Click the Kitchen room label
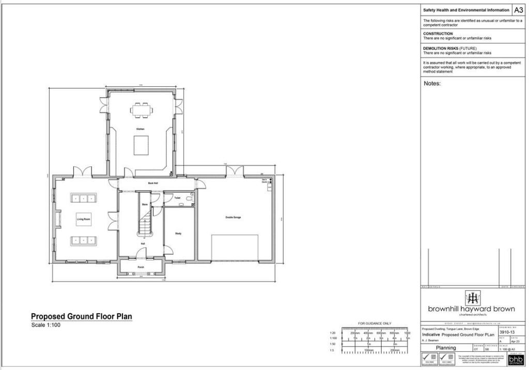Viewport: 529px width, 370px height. pos(140,129)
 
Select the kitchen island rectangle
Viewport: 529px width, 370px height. pos(141,145)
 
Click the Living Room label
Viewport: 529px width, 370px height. pos(84,220)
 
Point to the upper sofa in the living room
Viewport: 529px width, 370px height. pos(84,198)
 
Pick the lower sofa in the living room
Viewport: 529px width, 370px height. pos(84,240)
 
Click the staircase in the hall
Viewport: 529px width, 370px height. pos(145,217)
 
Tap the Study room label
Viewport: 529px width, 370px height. pos(178,234)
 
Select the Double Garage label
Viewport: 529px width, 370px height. pos(233,218)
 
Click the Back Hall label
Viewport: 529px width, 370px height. pos(153,183)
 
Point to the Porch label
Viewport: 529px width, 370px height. pos(141,267)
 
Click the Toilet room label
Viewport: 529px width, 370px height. pos(177,198)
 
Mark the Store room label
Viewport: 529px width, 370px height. pos(145,205)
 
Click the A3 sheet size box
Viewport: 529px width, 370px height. pos(518,10)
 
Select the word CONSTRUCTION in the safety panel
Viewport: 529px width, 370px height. pos(438,34)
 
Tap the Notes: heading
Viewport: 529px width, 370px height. pos(432,83)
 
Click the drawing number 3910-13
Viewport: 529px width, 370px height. pos(508,333)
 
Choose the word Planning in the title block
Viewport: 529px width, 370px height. pos(446,348)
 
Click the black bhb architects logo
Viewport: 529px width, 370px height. pos(516,359)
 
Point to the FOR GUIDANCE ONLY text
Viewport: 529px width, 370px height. pos(375,323)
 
